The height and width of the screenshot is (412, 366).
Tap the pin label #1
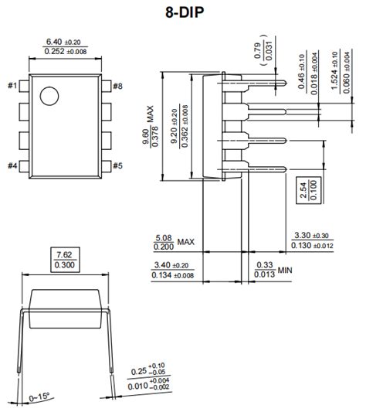12,85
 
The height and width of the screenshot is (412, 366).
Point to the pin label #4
12,165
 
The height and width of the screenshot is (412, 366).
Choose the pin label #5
117,165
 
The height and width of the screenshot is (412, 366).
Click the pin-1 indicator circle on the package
49,97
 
